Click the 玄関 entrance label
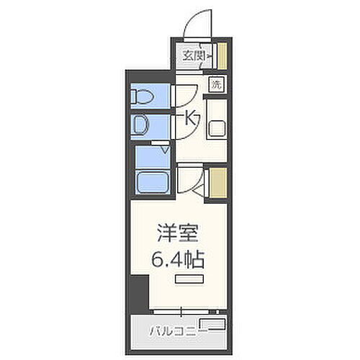click(192, 55)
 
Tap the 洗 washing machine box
click(216, 84)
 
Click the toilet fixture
click(142, 96)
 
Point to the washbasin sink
click(141, 127)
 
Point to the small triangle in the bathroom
click(165, 150)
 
